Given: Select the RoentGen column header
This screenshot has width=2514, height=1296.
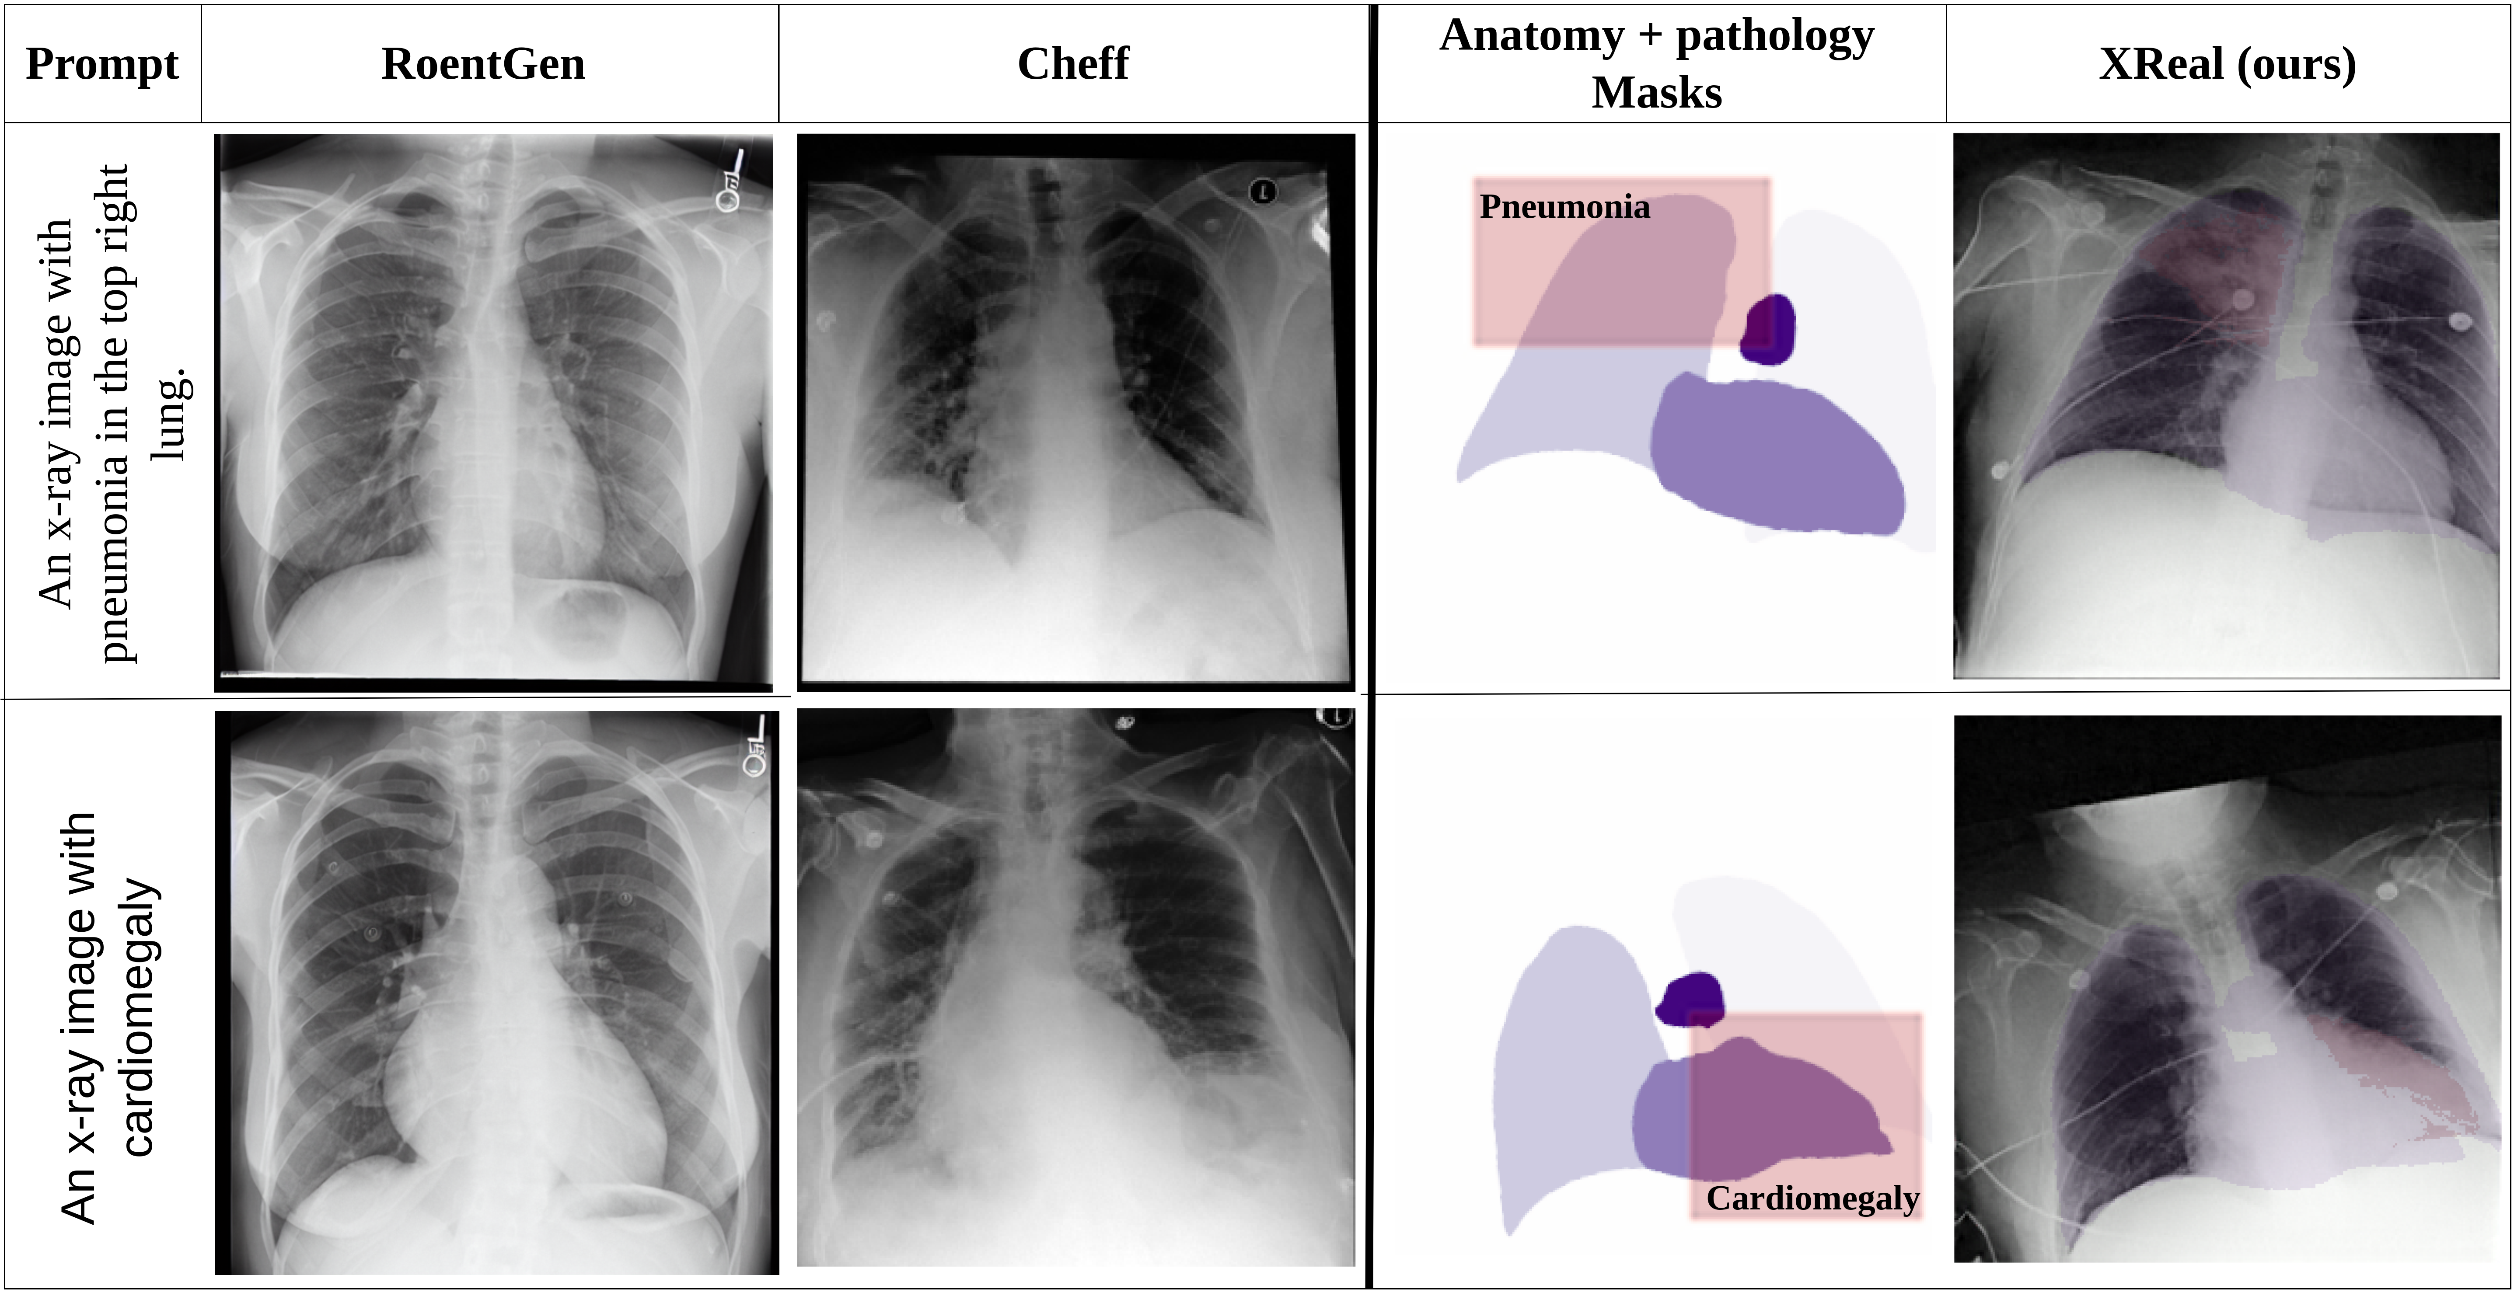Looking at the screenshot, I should (x=483, y=64).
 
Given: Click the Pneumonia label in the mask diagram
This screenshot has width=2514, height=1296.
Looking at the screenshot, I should (x=1564, y=207).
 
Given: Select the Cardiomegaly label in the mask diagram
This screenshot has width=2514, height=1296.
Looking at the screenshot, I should (x=1812, y=1198).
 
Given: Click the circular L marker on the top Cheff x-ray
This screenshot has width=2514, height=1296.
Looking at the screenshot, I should (x=1263, y=191).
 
